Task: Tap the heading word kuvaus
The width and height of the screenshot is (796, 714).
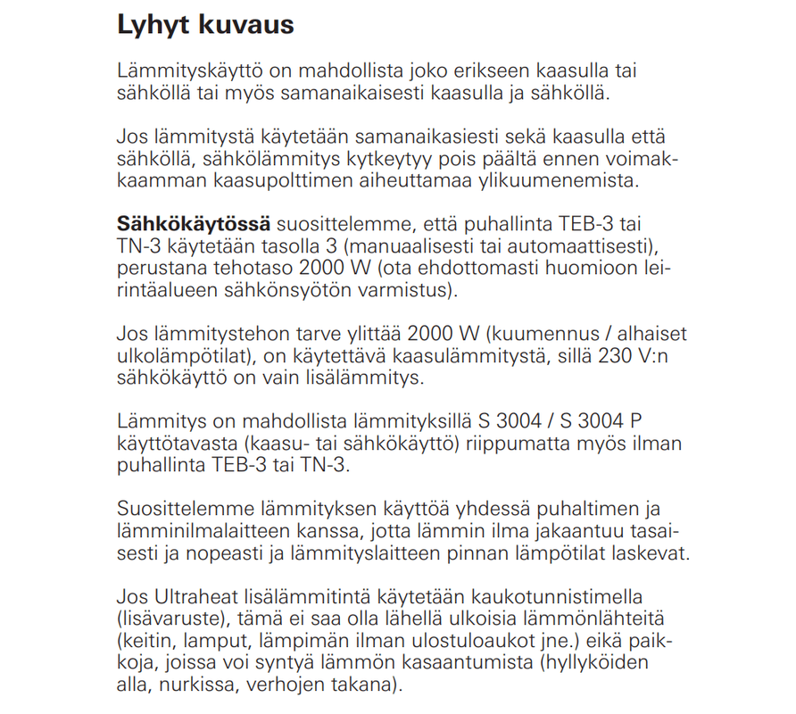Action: pos(247,25)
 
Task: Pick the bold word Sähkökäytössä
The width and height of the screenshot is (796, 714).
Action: pos(190,223)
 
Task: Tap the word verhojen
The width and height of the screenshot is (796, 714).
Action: pos(286,685)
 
